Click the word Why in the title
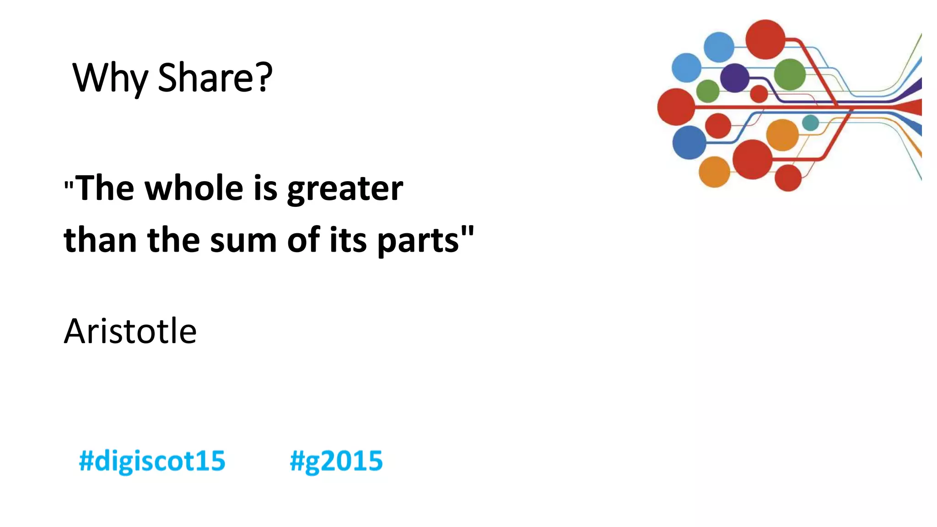click(110, 78)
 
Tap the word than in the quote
click(100, 240)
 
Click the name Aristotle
click(130, 331)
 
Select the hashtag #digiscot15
click(152, 461)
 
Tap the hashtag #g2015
click(336, 461)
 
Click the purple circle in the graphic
click(734, 78)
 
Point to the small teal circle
click(810, 123)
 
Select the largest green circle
click(790, 74)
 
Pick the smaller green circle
click(708, 91)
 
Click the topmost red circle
click(765, 39)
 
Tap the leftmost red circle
click(676, 107)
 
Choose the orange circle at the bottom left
click(714, 172)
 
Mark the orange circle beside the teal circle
click(782, 135)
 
